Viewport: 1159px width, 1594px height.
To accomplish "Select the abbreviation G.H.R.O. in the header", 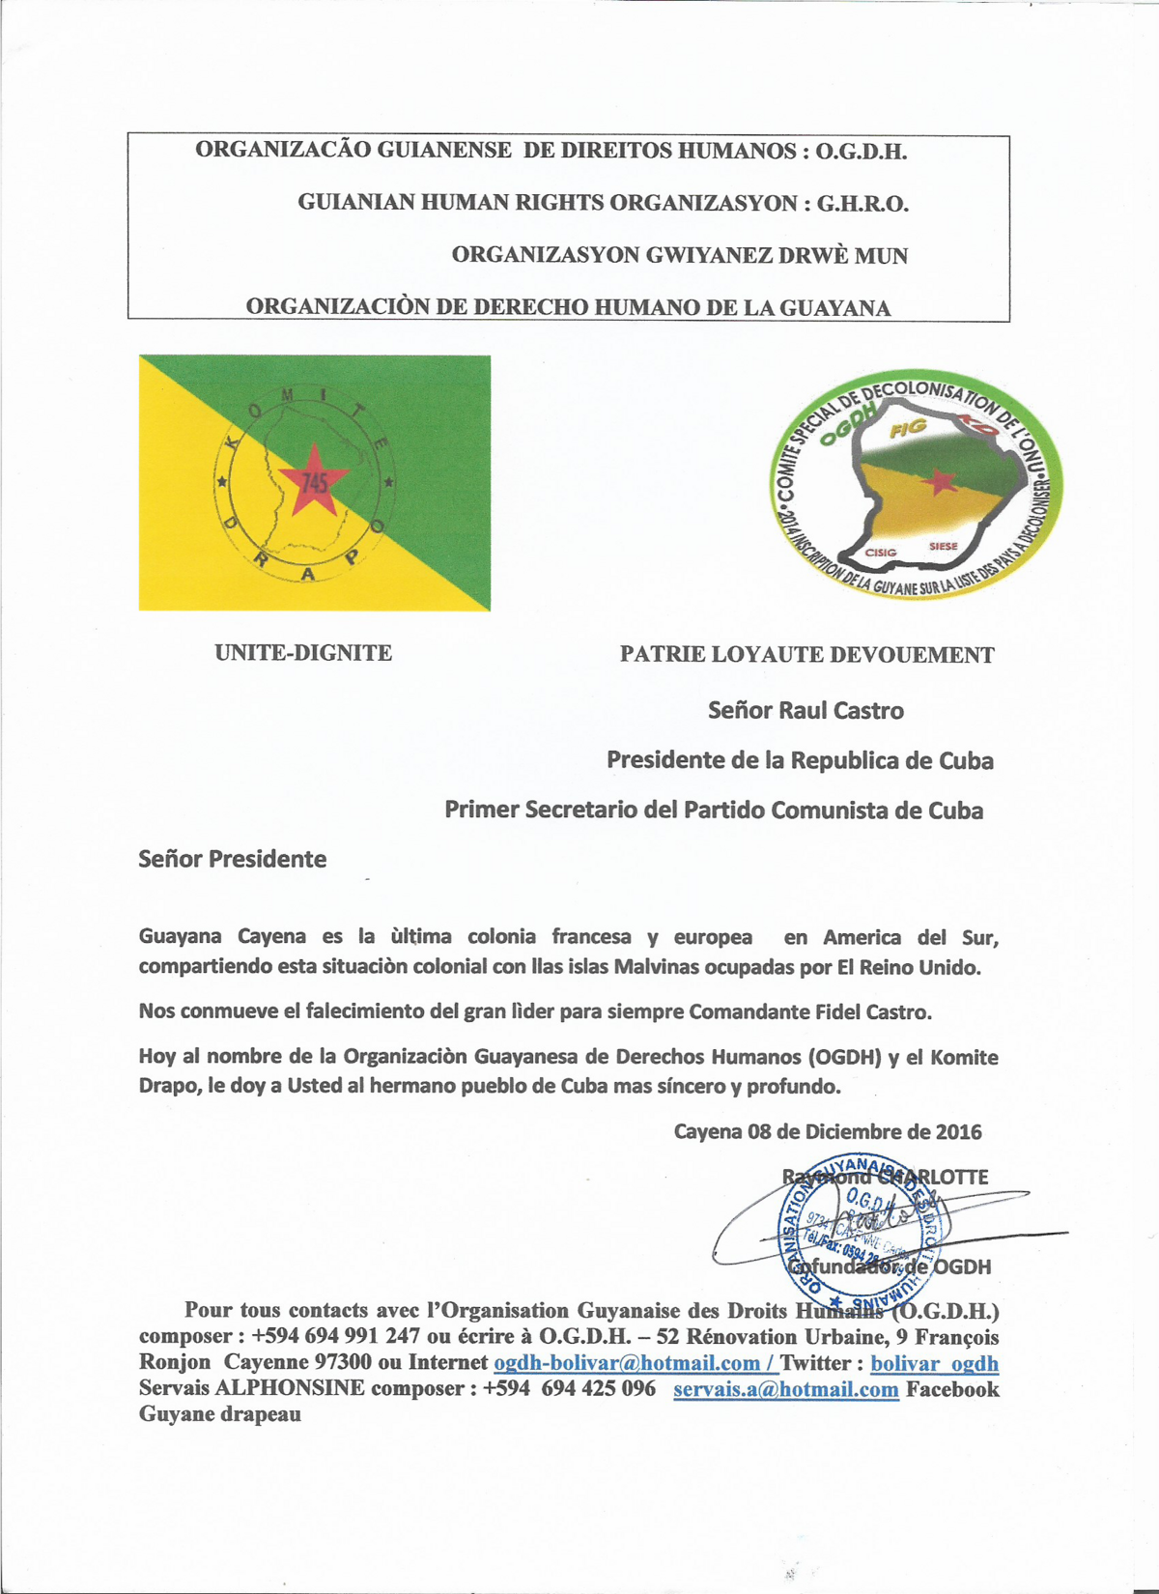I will tap(862, 203).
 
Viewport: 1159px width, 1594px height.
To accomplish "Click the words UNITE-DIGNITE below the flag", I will tap(303, 653).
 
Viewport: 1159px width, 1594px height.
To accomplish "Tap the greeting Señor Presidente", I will tap(232, 859).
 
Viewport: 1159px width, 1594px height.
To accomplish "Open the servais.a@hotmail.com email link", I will tap(785, 1389).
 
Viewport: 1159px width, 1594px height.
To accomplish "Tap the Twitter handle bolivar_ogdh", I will tap(934, 1363).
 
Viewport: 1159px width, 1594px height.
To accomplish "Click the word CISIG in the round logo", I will tap(880, 553).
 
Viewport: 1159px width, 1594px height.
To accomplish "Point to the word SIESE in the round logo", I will tap(943, 547).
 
